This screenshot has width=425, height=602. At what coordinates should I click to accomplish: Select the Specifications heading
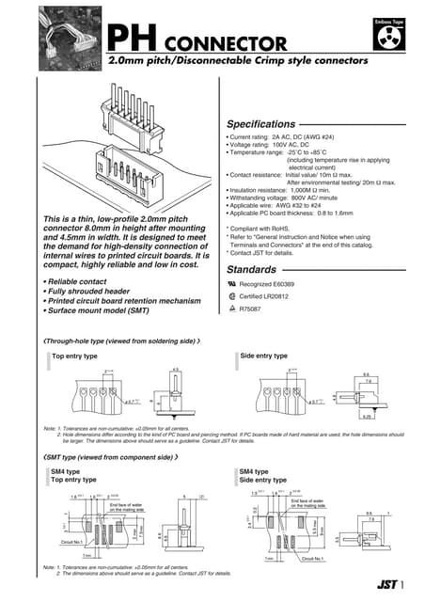tap(267, 124)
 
